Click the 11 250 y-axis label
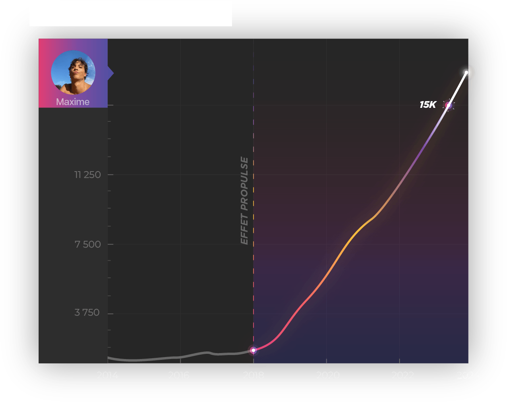tap(88, 175)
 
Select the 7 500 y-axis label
tap(88, 244)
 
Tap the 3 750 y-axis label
tap(87, 312)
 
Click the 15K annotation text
tap(428, 105)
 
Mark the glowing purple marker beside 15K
tap(448, 105)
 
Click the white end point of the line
tap(467, 72)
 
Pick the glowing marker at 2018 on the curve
tap(253, 350)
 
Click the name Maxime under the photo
tap(73, 102)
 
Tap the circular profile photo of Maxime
tap(73, 72)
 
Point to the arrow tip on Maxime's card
tap(112, 73)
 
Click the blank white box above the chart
tap(131, 14)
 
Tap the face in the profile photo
tap(76, 70)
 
